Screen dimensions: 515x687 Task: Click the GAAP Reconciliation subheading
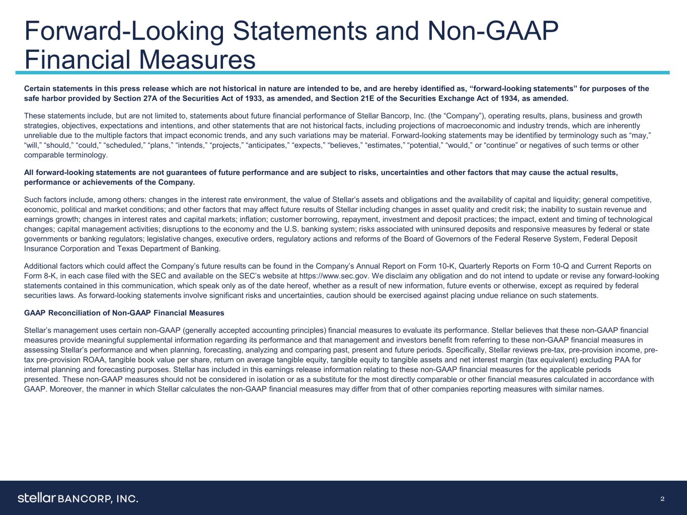point(124,313)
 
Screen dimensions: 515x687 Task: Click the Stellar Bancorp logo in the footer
point(78,498)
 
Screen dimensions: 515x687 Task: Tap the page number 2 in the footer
point(662,498)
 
